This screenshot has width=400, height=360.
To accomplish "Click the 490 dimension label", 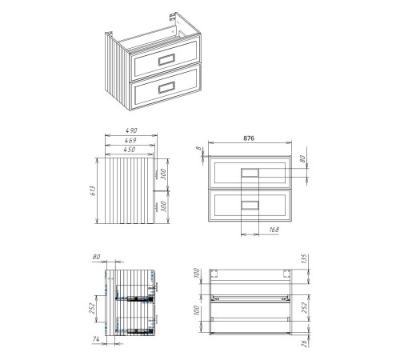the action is pos(131,130).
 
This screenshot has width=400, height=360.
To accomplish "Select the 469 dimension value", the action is pos(130,140).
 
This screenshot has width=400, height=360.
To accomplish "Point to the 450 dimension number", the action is pos(130,150).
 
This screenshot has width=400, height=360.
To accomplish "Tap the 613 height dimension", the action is pos(93,191).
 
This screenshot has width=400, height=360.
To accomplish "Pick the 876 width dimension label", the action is pos(249,138).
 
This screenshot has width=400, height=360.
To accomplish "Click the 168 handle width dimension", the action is pos(274,230).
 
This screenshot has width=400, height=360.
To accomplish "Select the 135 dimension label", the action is pos(304,258).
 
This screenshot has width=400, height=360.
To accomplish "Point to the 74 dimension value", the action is pos(96,339).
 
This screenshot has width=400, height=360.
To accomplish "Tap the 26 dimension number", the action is pos(304,343).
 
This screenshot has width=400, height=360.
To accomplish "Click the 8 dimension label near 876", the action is pos(198,148).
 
